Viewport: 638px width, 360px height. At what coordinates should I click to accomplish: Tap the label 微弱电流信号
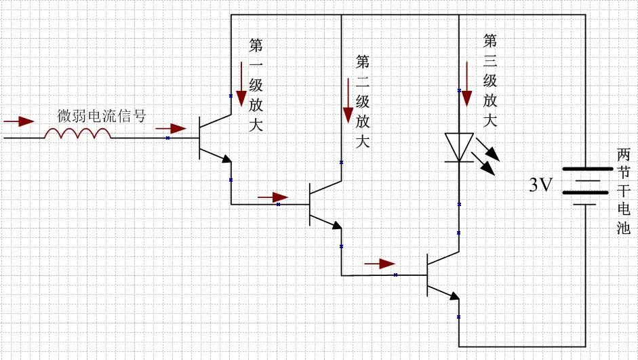click(101, 115)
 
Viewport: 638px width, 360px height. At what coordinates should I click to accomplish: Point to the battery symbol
click(583, 184)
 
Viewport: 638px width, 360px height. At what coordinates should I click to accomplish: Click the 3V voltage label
click(543, 184)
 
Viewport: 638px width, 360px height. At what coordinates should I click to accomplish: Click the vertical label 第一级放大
click(256, 85)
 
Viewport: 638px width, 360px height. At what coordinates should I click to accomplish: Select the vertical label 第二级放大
click(363, 102)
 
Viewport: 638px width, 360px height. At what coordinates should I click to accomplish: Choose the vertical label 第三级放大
click(490, 81)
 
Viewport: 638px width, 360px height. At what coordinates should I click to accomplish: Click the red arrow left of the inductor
click(18, 122)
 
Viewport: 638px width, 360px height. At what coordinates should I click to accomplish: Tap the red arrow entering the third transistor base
click(379, 263)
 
